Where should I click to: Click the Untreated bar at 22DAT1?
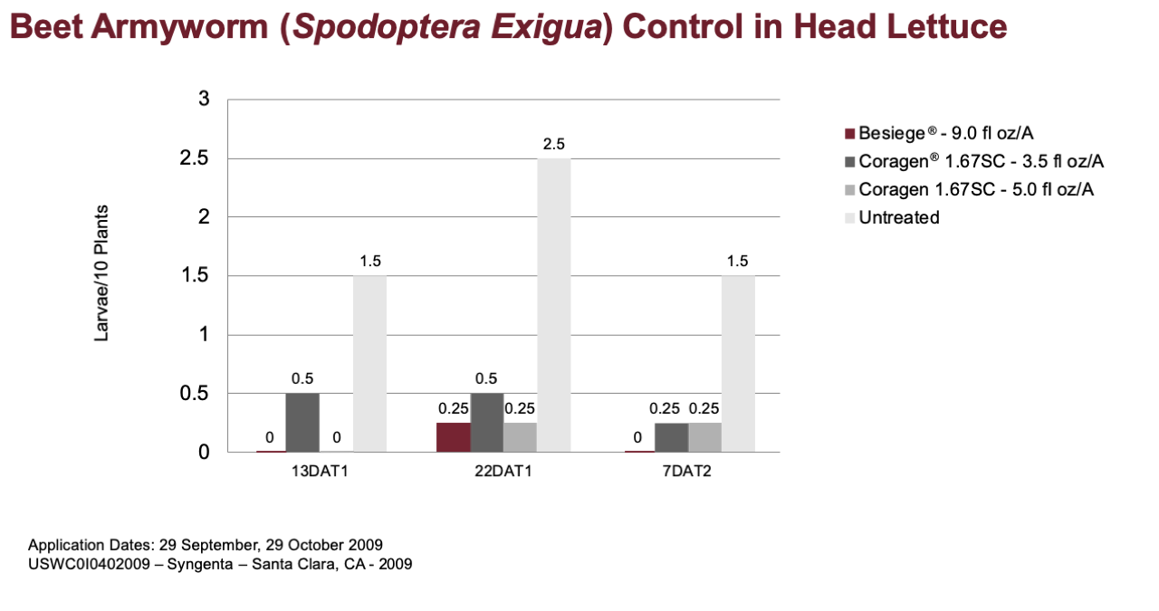point(553,305)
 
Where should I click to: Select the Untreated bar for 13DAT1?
point(370,364)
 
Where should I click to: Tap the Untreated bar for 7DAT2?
point(738,364)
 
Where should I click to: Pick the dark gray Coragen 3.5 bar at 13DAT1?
point(302,423)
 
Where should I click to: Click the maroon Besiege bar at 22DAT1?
point(454,438)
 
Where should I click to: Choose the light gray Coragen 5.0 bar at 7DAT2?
point(704,438)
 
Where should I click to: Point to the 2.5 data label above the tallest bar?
point(553,144)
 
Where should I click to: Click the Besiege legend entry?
point(939,133)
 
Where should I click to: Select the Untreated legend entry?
point(892,218)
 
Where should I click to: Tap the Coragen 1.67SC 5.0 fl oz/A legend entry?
point(969,190)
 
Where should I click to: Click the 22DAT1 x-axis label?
point(503,472)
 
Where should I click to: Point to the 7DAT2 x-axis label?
point(687,472)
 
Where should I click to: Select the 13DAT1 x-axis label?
point(320,472)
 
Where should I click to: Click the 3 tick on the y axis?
point(204,99)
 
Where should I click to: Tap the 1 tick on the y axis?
point(204,335)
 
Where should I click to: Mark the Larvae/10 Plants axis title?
point(101,273)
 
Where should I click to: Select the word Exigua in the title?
point(546,27)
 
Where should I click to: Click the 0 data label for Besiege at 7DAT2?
point(637,438)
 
